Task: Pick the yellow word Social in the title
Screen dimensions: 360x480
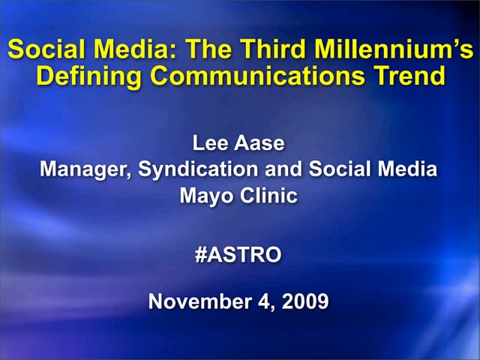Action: [x=42, y=51]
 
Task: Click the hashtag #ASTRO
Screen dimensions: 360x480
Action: [x=238, y=255]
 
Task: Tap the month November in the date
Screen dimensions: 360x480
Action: [x=196, y=301]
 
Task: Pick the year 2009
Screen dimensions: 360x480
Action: [x=305, y=301]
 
